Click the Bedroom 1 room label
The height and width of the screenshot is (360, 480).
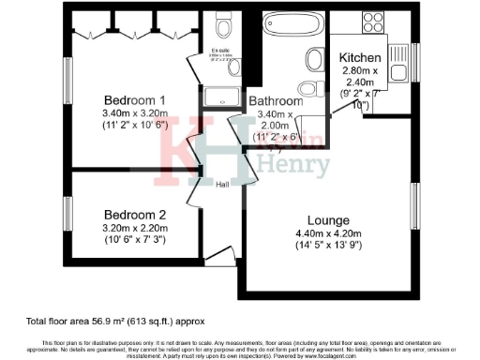pyautogui.click(x=135, y=100)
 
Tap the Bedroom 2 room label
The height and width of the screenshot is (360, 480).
pyautogui.click(x=135, y=213)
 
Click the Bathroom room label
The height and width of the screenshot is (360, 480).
pyautogui.click(x=276, y=101)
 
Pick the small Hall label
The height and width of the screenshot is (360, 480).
pyautogui.click(x=222, y=184)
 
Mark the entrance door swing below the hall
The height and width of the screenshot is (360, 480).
pyautogui.click(x=222, y=253)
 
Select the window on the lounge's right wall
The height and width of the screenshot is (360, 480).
pyautogui.click(x=415, y=211)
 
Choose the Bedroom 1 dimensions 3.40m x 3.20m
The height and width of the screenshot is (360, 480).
pyautogui.click(x=135, y=114)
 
